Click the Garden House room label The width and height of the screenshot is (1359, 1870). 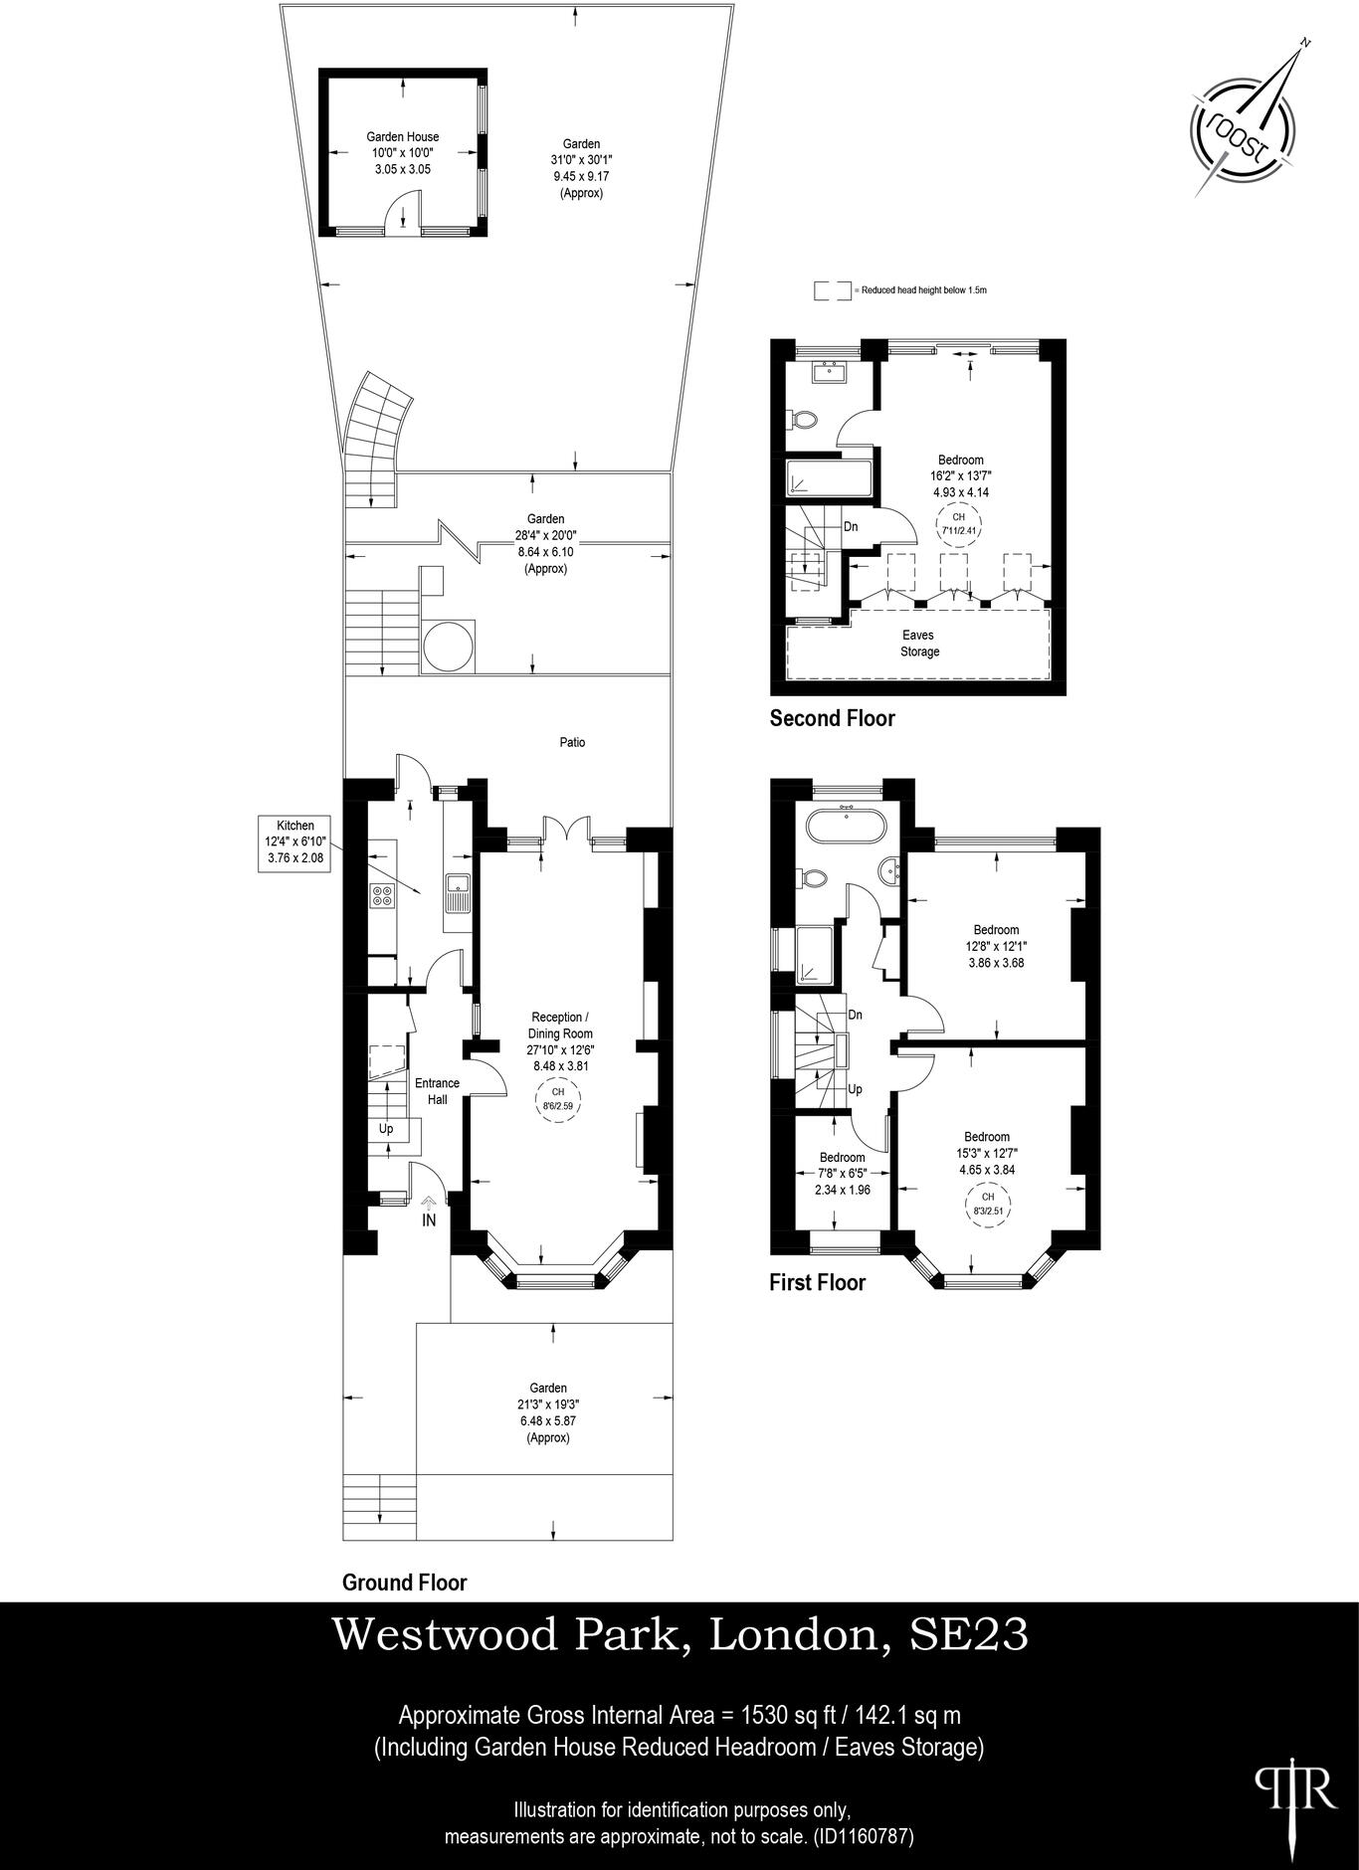coord(402,137)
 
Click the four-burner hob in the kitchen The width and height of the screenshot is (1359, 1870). coord(382,895)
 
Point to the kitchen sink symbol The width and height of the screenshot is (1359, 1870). coord(458,884)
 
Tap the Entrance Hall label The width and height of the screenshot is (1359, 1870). coord(437,1091)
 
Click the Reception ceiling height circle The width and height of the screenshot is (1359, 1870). coord(557,1099)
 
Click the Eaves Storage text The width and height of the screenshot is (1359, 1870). coord(919,643)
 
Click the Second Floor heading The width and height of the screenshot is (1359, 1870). coord(832,718)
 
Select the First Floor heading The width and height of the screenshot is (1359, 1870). coord(817,1282)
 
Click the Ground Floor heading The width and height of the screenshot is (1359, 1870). coord(404,1582)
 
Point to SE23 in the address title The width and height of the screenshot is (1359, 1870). coord(969,1634)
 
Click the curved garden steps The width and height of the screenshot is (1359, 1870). coord(379,428)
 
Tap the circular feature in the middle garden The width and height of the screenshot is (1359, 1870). coord(447,647)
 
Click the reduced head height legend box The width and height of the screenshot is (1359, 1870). coord(833,290)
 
